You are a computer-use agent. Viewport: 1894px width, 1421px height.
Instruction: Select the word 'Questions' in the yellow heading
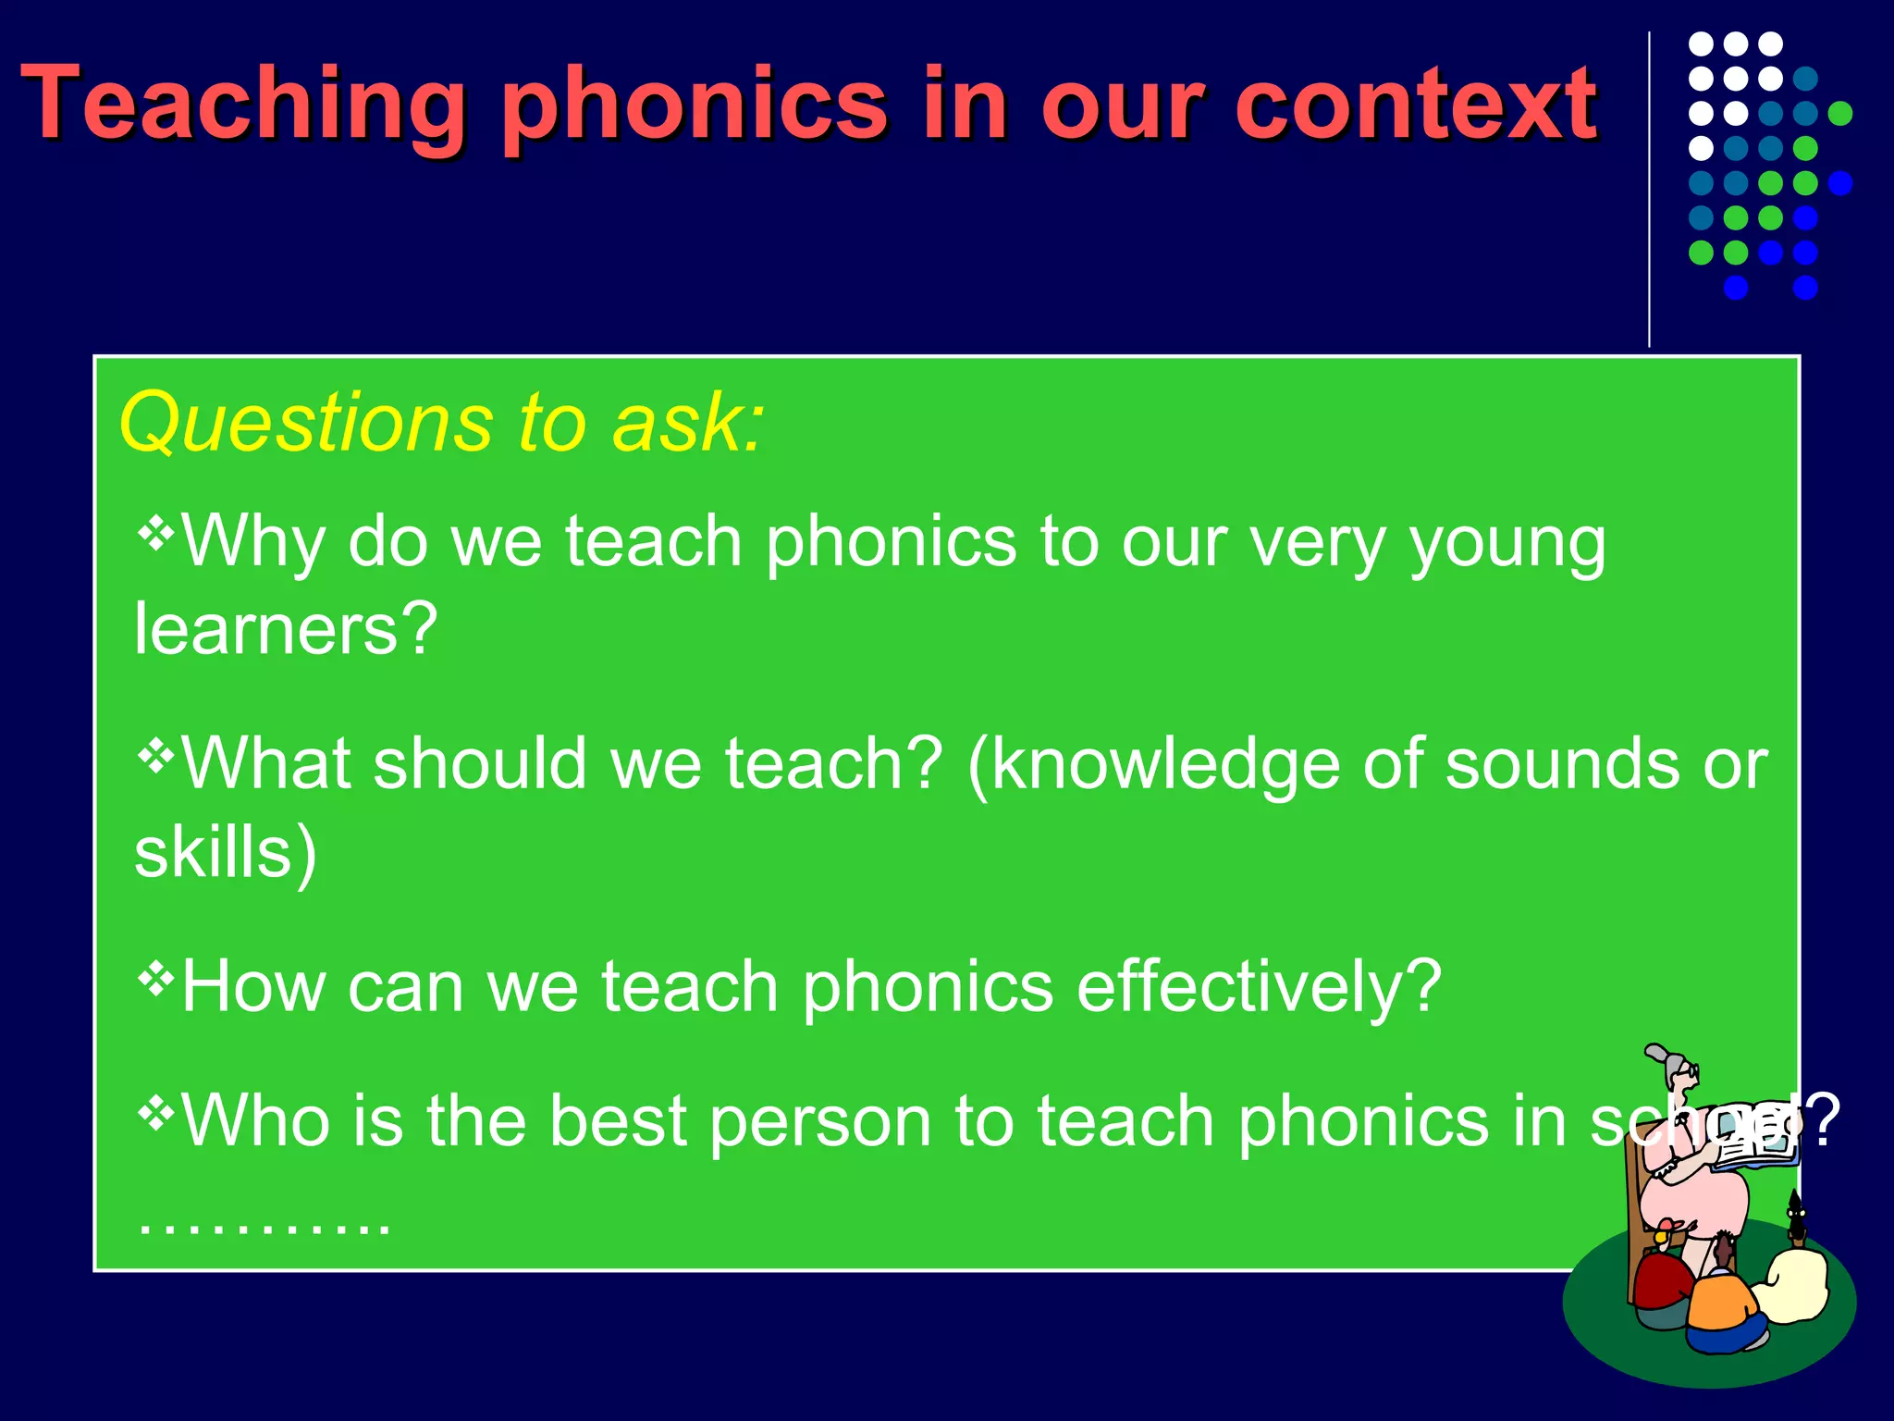[x=305, y=423]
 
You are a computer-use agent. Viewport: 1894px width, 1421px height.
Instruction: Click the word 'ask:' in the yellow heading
[x=689, y=423]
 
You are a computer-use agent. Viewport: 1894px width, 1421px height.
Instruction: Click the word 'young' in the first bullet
[x=1507, y=546]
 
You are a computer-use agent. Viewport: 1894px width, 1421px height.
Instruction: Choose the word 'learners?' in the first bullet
[x=285, y=629]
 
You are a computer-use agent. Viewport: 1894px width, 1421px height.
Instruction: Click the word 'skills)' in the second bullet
[x=226, y=853]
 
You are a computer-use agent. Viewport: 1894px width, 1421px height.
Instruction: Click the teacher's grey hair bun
[x=1660, y=1055]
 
